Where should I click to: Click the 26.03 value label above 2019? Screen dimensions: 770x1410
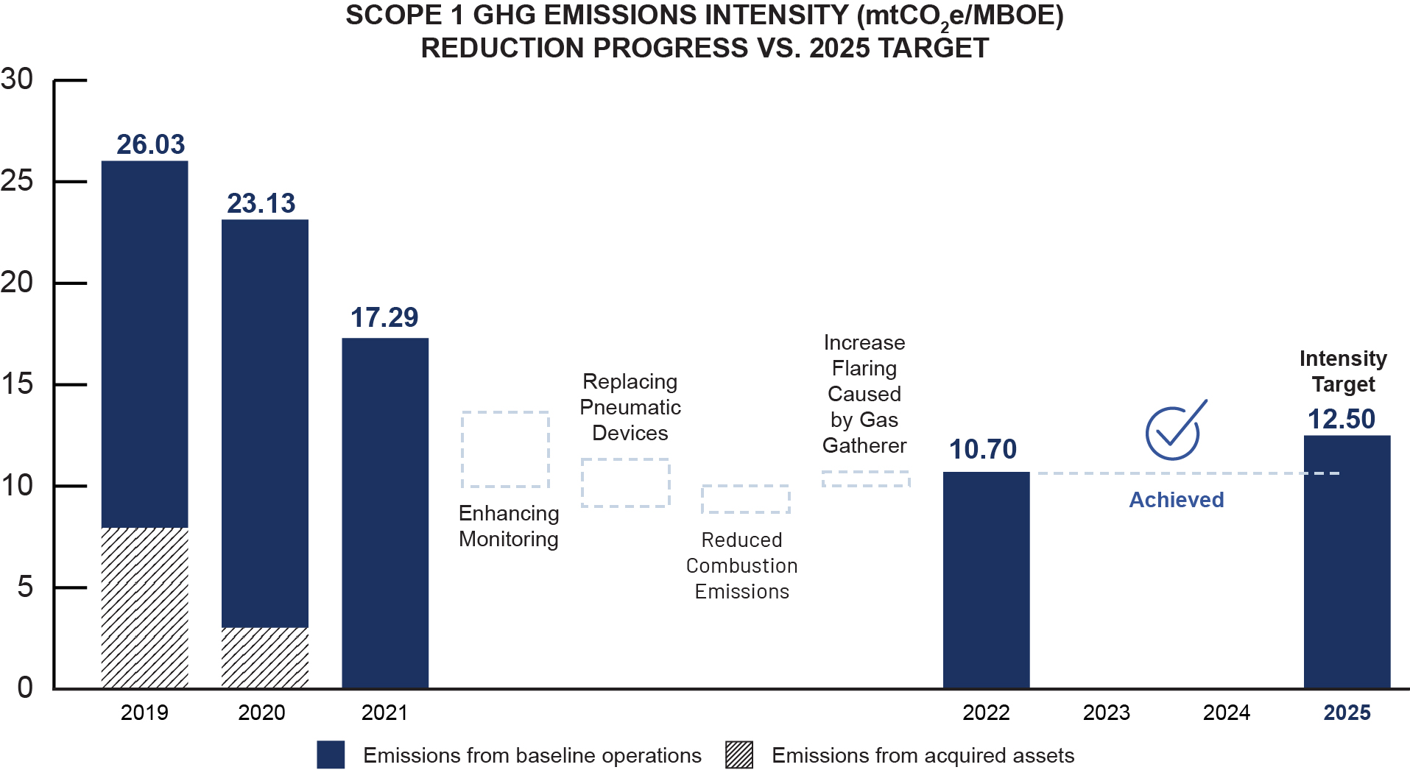[x=150, y=144]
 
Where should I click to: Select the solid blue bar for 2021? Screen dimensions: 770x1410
[x=385, y=512]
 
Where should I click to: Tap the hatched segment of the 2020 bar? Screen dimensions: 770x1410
[x=264, y=657]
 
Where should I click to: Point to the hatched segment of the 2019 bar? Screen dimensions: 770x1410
[x=144, y=607]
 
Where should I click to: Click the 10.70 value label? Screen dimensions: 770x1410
[x=982, y=449]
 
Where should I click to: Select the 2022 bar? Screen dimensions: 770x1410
[x=986, y=579]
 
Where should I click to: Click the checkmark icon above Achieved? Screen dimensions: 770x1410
[x=1174, y=431]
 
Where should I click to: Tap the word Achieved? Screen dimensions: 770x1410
[x=1176, y=500]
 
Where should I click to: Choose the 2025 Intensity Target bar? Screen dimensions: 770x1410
[x=1347, y=561]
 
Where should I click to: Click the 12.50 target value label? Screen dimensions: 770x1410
[x=1341, y=419]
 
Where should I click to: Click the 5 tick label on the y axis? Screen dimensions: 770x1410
[x=25, y=587]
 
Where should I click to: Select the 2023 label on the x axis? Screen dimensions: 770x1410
[x=1106, y=713]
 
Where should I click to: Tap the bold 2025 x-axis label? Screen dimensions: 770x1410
[x=1347, y=713]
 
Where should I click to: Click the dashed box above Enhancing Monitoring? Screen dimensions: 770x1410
[x=505, y=449]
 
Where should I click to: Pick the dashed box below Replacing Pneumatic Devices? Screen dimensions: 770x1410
[x=625, y=483]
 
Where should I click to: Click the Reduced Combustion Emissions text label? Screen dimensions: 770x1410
[x=741, y=565]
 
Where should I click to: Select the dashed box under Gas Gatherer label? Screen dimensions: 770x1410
[x=866, y=479]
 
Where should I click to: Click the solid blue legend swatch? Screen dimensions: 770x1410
[x=331, y=755]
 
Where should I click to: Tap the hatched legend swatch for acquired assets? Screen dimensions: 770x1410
[x=739, y=755]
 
